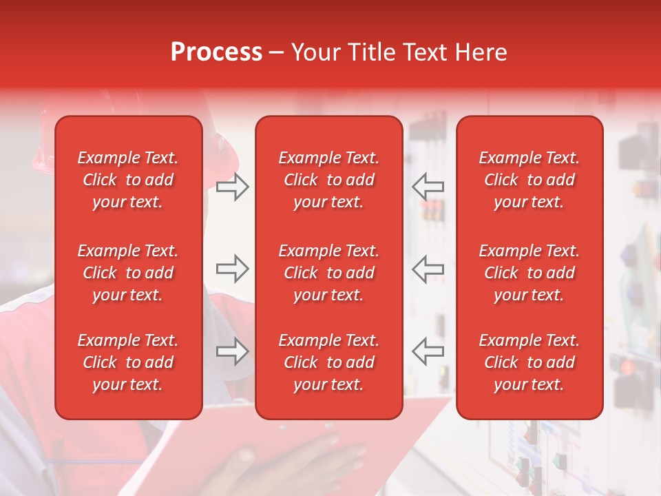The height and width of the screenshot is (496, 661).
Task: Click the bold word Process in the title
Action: pyautogui.click(x=216, y=52)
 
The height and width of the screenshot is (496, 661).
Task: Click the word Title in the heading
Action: pyautogui.click(x=372, y=52)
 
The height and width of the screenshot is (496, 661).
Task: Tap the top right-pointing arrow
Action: pyautogui.click(x=232, y=187)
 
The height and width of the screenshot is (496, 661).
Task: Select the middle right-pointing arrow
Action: pyautogui.click(x=232, y=269)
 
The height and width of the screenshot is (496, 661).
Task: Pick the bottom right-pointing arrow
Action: pyautogui.click(x=232, y=351)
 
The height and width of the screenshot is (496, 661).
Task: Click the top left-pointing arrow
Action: pyautogui.click(x=428, y=187)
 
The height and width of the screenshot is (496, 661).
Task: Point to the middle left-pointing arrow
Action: pyautogui.click(x=428, y=269)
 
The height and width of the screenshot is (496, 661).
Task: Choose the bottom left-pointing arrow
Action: pyautogui.click(x=428, y=351)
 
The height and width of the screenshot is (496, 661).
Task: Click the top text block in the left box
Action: pyautogui.click(x=128, y=180)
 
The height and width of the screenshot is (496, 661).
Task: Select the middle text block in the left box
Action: pyautogui.click(x=128, y=273)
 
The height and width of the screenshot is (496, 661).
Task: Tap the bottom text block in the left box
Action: pyautogui.click(x=128, y=362)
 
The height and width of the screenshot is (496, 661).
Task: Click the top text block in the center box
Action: pyautogui.click(x=328, y=180)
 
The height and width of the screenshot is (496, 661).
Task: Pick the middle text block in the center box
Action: pyautogui.click(x=328, y=273)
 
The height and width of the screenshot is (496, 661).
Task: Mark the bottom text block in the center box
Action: pyautogui.click(x=328, y=362)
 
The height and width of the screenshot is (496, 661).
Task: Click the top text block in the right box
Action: pyautogui.click(x=529, y=180)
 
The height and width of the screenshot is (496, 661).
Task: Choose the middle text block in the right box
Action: pyautogui.click(x=529, y=273)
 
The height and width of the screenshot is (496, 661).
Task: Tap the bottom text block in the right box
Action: pyautogui.click(x=529, y=362)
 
